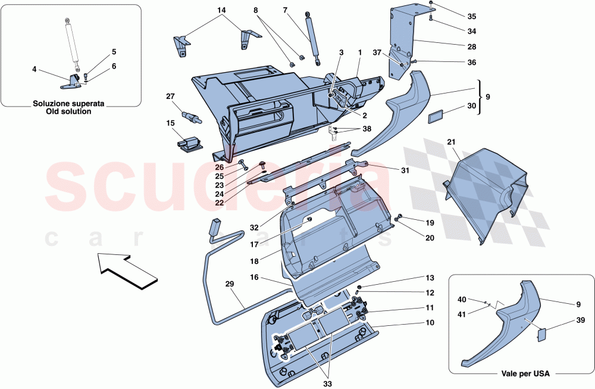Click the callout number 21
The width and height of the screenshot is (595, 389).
[x=451, y=142]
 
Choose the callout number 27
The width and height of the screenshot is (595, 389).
[x=170, y=96]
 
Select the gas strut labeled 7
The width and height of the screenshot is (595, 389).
[x=312, y=36]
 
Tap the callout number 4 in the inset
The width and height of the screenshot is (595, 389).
[x=35, y=70]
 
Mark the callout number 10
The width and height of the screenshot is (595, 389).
[x=429, y=323]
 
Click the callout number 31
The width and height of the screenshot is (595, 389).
[x=405, y=171]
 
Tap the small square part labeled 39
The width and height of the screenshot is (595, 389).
[x=541, y=334]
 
